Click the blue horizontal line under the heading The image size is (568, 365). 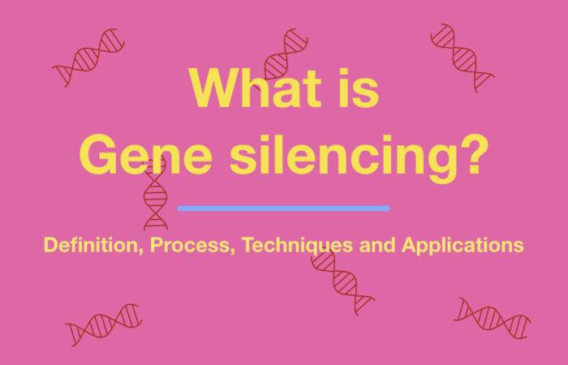283,208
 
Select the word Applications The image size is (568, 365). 463,244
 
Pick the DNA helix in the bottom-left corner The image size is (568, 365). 103,324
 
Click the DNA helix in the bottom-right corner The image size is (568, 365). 492,317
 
